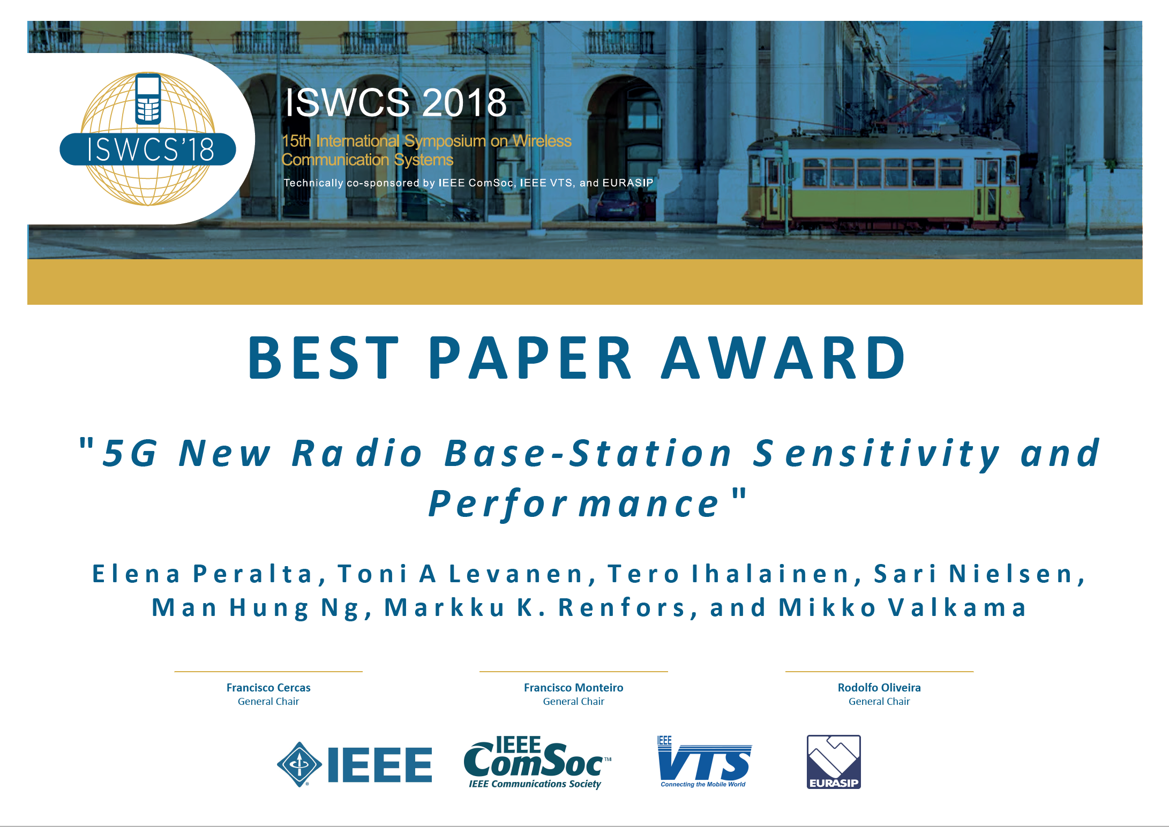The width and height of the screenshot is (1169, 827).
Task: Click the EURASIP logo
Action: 834,762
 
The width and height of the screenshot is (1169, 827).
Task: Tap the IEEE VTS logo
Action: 705,762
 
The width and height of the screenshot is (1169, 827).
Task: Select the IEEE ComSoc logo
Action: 537,762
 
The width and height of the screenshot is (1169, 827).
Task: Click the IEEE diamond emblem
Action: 299,764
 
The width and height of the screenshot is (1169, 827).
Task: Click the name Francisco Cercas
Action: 268,687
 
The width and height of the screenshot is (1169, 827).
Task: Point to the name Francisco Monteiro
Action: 573,687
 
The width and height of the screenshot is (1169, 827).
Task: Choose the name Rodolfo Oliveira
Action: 879,687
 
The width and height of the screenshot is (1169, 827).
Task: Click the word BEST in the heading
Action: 324,358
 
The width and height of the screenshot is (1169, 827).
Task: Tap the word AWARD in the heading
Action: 783,358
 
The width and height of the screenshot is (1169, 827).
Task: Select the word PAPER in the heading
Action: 530,358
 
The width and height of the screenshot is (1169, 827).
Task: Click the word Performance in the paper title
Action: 574,504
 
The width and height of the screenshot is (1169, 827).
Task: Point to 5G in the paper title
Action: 130,453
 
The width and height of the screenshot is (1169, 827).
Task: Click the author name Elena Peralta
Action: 202,574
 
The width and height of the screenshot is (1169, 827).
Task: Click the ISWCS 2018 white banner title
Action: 396,102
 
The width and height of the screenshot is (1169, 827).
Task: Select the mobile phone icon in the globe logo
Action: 148,99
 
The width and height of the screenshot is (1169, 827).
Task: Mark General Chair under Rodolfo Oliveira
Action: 879,702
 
